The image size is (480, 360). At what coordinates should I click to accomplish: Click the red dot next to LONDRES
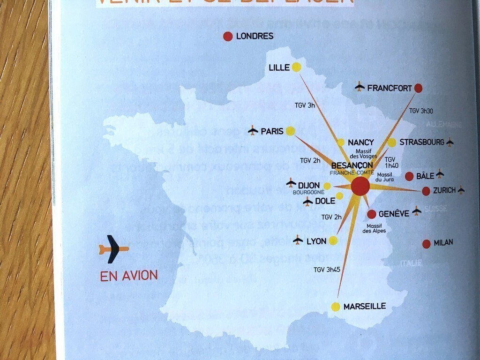[228, 36]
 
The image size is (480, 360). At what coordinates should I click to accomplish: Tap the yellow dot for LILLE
[296, 67]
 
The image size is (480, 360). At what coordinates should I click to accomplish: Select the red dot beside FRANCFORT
[419, 88]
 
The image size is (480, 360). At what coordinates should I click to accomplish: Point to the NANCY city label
[361, 142]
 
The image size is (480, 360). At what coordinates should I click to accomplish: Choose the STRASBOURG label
[421, 142]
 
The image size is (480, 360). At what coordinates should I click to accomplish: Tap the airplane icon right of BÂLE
[440, 174]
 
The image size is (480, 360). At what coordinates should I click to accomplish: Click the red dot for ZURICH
[426, 191]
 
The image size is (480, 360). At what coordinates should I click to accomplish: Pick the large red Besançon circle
[360, 186]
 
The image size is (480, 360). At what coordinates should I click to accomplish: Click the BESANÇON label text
[352, 165]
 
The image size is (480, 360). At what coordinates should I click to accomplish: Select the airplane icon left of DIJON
[291, 182]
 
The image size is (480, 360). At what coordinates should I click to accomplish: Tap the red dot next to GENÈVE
[372, 214]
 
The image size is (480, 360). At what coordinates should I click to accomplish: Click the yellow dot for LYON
[333, 240]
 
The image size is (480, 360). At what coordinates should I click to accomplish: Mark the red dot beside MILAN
[427, 244]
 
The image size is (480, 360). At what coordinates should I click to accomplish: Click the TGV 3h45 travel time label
[327, 270]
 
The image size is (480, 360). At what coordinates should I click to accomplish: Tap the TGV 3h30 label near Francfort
[421, 111]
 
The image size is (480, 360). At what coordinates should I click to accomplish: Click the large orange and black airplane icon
[113, 249]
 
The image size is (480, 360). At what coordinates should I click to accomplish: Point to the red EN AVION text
[129, 276]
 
